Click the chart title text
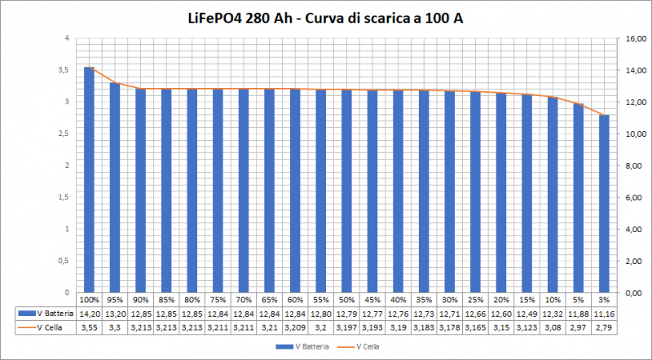[x=325, y=18]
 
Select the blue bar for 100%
[x=89, y=179]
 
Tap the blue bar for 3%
[x=604, y=204]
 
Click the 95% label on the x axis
[x=115, y=299]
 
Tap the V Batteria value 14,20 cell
[x=89, y=313]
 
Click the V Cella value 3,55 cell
[x=89, y=327]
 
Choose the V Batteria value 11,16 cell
[x=604, y=313]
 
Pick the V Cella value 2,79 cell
[x=604, y=327]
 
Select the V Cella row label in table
[x=45, y=327]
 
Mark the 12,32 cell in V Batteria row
[x=553, y=313]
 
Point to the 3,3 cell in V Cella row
[x=115, y=327]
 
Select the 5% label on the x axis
[x=579, y=299]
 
